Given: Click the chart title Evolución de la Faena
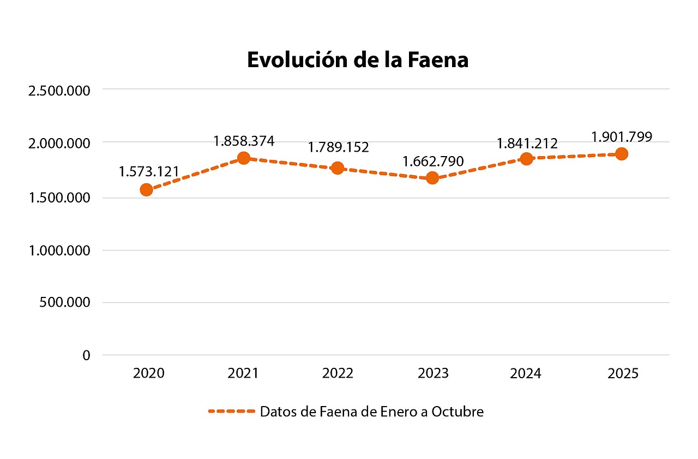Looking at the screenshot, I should pos(357,59).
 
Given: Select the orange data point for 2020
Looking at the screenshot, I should pos(146,189).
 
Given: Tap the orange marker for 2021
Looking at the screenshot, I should pos(243,158).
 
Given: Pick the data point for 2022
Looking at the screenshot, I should pos(338,168).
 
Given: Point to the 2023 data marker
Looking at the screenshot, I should pos(432,177).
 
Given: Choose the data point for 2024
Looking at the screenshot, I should pos(526,159).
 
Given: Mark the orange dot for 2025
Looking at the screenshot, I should pos(621,153).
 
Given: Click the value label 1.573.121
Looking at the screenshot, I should pos(149,171).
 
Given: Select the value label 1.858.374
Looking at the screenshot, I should pos(244,141).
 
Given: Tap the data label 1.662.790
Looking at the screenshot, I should pos(433,161).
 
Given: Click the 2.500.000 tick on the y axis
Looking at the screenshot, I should pos(59,90).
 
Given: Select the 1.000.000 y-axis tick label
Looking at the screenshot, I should pos(59,251).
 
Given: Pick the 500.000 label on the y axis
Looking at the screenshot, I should pos(64,303).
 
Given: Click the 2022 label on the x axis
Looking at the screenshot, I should pos(338,373).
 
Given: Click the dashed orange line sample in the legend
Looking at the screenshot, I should pos(231,412).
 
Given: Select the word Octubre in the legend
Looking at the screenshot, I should pos(457,412).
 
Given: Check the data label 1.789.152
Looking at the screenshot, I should pos(338,147).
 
